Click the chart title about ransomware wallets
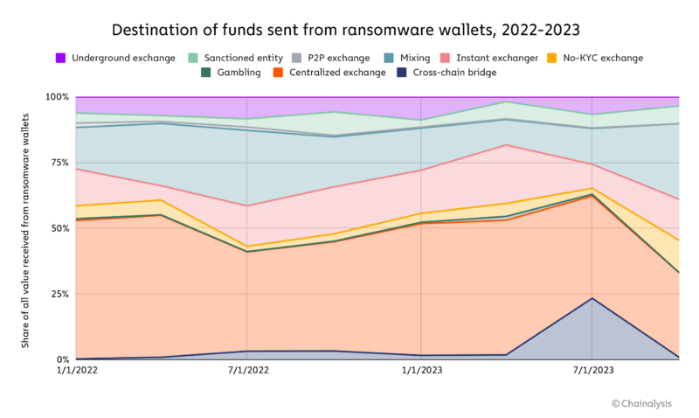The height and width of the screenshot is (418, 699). (349, 30)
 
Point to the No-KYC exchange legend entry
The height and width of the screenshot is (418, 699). (598, 58)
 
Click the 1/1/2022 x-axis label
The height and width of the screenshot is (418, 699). (75, 371)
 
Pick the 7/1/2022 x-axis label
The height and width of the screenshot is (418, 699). (248, 371)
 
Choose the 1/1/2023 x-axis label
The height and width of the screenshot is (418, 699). (420, 371)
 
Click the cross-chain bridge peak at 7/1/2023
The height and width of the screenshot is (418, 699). (592, 298)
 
